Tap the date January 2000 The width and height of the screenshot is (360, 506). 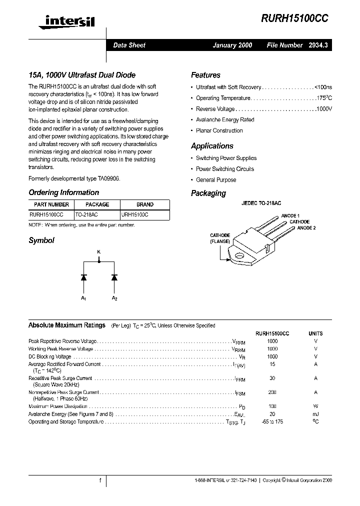(x=232, y=45)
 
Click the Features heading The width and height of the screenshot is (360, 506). (x=205, y=75)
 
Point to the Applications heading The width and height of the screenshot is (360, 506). (x=212, y=146)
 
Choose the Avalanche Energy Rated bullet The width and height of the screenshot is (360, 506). (x=225, y=120)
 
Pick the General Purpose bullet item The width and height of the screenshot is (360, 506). (x=216, y=180)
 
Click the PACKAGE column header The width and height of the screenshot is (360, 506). (x=97, y=204)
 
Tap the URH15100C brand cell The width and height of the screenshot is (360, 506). (x=134, y=214)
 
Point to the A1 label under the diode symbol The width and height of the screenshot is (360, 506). (x=83, y=298)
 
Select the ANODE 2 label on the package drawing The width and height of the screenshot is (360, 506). (x=306, y=228)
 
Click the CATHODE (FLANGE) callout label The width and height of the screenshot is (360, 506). (x=220, y=238)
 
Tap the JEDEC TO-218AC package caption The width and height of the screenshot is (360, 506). (x=261, y=204)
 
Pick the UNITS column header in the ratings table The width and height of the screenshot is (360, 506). (x=315, y=333)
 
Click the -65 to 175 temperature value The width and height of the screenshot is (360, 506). (x=272, y=422)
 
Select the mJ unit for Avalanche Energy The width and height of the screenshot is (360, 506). (x=315, y=414)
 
